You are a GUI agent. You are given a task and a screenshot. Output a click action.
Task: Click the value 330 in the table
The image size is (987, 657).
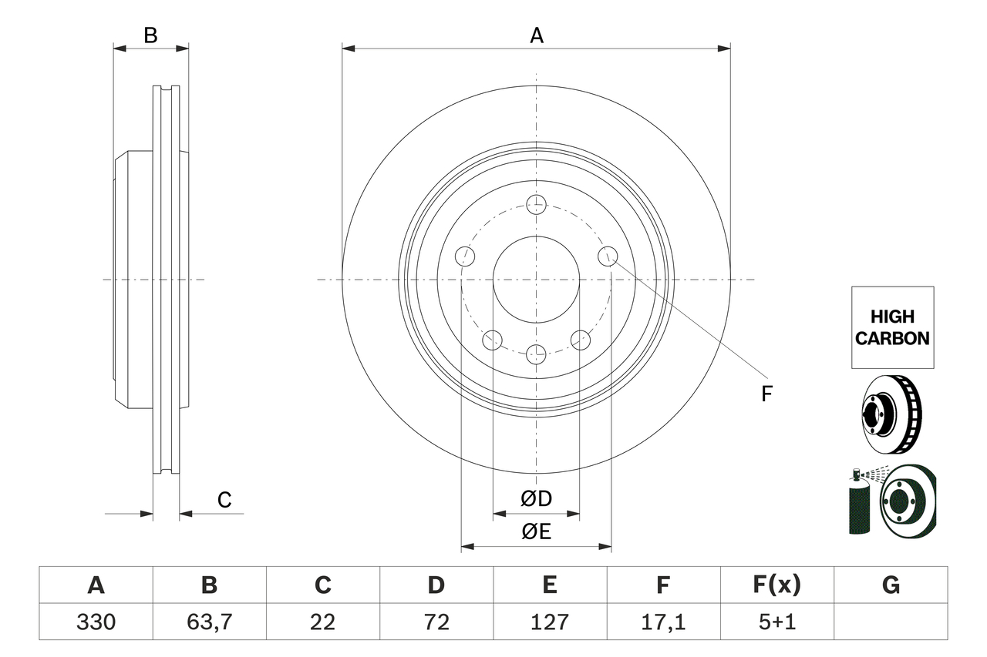(96, 622)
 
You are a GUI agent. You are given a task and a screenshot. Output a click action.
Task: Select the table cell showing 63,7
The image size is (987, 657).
(209, 622)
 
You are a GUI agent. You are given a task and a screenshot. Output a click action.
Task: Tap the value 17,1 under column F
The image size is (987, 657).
(663, 622)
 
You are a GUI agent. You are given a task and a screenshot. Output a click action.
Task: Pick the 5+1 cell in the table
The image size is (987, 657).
(776, 622)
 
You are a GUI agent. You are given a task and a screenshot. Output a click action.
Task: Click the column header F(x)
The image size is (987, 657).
(776, 585)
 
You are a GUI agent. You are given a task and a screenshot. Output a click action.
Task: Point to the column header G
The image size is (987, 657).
(891, 585)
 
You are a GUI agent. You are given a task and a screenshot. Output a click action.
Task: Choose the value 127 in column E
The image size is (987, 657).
(549, 622)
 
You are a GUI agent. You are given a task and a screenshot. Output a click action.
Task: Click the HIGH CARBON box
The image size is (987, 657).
(892, 327)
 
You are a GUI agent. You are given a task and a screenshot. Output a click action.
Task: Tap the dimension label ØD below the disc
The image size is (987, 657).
(537, 499)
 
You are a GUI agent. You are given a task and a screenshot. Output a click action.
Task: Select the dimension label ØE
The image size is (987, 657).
(537, 532)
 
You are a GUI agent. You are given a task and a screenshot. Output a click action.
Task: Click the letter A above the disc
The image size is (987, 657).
(537, 35)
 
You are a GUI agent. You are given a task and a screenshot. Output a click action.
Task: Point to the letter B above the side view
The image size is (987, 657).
(151, 35)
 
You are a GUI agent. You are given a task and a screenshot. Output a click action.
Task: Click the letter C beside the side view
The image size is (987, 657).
(224, 501)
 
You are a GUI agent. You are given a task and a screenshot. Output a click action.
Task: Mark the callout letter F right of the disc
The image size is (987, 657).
(766, 394)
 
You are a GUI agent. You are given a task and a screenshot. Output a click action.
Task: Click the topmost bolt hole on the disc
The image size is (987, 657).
(536, 205)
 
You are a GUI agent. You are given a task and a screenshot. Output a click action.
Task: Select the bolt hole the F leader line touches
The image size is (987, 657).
(608, 256)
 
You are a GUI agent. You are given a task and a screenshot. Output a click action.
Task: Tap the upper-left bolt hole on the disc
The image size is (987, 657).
(464, 256)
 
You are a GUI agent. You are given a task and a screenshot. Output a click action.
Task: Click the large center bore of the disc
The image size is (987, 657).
(536, 279)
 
